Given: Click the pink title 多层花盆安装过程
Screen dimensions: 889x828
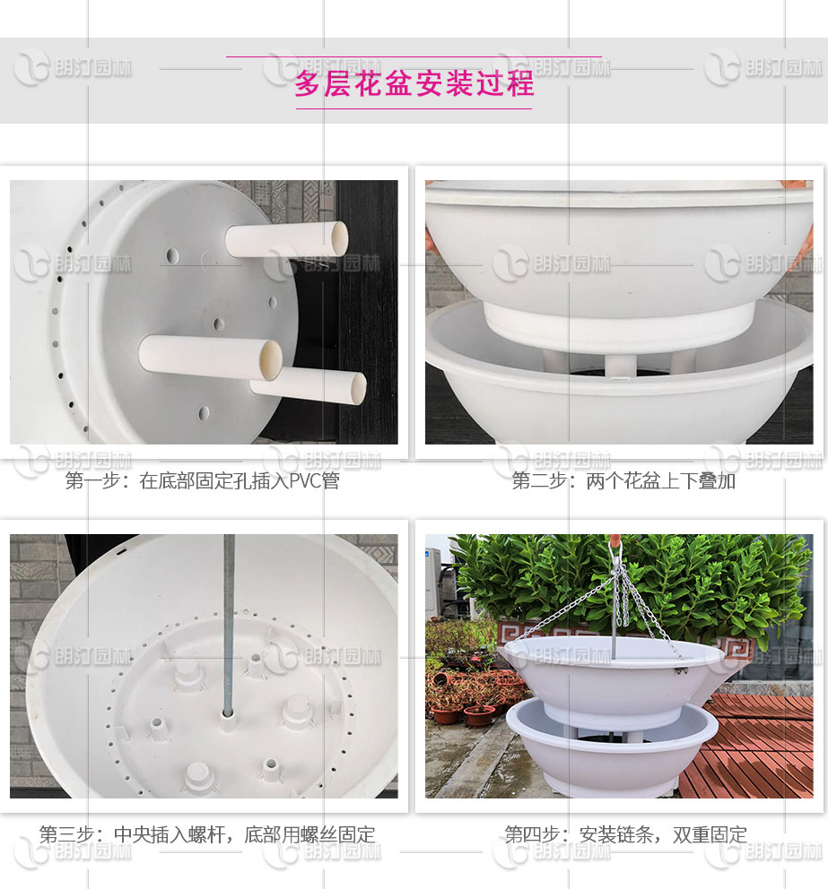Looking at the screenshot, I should click(414, 83).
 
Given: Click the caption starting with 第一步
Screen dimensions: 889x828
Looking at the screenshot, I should click(202, 481).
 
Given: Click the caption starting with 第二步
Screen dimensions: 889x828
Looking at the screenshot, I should click(623, 481).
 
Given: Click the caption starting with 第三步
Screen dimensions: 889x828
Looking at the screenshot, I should click(207, 835).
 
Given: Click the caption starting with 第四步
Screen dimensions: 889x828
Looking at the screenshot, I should click(625, 835).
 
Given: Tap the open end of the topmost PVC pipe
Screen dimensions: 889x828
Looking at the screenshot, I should click(339, 237).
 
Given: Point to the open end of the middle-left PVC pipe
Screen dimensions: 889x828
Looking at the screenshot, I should click(271, 359).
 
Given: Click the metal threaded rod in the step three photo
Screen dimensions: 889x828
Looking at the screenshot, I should click(229, 609).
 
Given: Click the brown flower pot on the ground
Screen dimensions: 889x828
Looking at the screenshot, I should click(478, 715).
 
